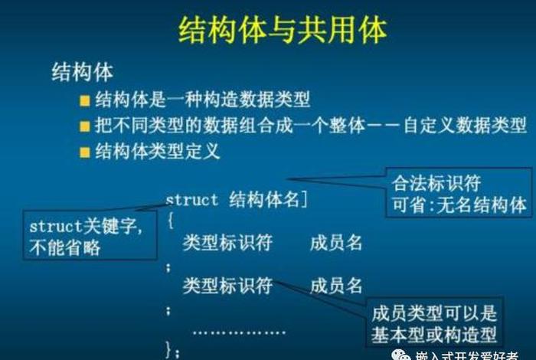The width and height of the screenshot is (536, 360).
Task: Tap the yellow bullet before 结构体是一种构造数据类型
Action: pyautogui.click(x=85, y=100)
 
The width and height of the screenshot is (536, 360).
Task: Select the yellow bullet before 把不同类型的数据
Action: pyautogui.click(x=85, y=125)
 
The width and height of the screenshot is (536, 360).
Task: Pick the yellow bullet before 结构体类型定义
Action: pyautogui.click(x=85, y=151)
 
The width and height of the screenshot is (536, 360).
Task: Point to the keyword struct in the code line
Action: pyautogui.click(x=192, y=200)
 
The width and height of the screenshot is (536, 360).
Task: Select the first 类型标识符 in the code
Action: pyautogui.click(x=227, y=244)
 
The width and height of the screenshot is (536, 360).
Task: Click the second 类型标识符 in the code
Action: pyautogui.click(x=227, y=286)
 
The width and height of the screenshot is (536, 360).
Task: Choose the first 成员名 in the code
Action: pyautogui.click(x=335, y=244)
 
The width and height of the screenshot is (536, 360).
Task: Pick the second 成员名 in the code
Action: pyautogui.click(x=335, y=286)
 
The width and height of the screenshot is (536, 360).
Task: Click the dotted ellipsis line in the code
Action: pyautogui.click(x=238, y=332)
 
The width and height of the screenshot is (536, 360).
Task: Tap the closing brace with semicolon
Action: pyautogui.click(x=173, y=352)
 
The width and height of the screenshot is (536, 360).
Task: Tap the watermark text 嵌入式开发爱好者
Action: pyautogui.click(x=474, y=355)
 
